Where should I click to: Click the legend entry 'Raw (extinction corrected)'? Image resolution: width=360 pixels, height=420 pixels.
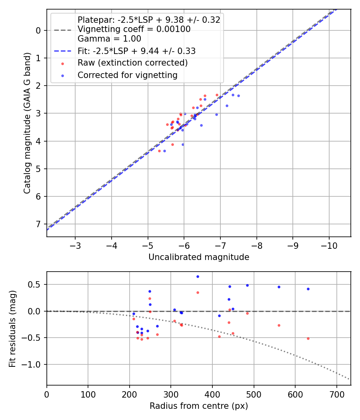132,63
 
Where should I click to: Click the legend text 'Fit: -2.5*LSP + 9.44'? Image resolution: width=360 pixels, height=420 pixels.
136,51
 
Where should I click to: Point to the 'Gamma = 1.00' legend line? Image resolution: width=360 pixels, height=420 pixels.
109,39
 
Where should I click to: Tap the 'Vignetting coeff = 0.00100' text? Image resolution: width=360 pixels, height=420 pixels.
134,29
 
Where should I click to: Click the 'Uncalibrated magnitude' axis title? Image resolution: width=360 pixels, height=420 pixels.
199,257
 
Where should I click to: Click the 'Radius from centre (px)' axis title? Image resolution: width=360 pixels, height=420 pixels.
199,406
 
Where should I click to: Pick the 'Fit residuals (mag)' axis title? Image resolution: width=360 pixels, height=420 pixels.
12,328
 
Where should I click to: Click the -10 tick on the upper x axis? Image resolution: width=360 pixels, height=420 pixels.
329,245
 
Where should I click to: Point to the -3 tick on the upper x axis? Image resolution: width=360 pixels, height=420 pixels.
75,245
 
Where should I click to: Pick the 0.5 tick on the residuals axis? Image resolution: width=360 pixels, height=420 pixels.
36,284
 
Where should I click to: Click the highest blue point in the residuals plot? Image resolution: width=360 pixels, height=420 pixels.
198,276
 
